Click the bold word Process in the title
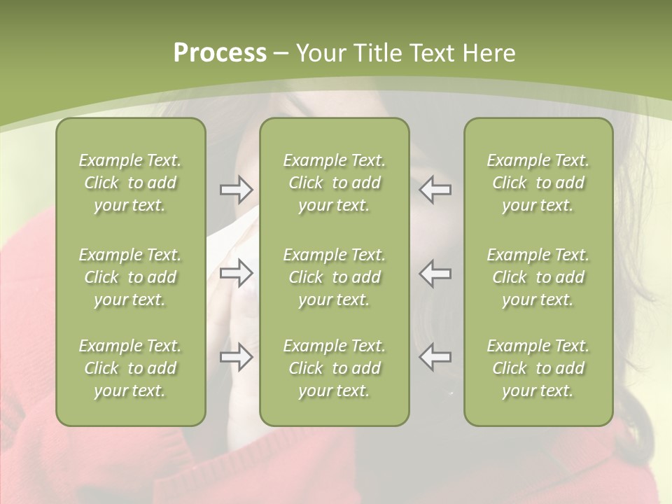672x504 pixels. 220,53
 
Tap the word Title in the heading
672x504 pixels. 379,53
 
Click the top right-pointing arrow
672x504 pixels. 237,190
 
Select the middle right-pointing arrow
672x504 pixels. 237,273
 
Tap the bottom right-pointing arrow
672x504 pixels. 237,357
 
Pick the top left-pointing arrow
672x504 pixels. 435,190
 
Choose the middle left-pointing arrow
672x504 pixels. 435,273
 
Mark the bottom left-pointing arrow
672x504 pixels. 435,357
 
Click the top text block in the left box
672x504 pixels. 130,183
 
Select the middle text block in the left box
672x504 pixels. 130,277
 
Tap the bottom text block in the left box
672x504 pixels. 130,368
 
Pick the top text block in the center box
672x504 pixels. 335,183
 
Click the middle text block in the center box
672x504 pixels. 335,277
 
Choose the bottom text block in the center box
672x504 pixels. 335,368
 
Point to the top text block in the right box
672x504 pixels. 538,183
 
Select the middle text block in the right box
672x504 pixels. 538,277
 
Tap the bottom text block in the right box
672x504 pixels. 538,368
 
